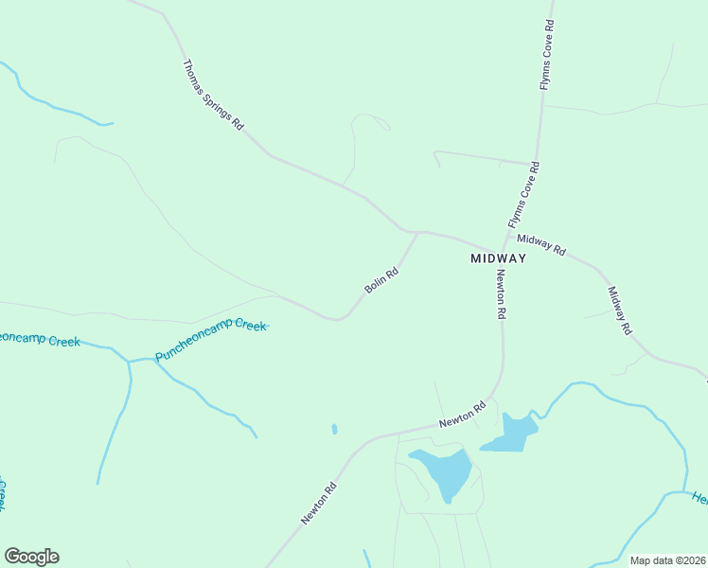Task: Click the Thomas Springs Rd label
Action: [x=213, y=97]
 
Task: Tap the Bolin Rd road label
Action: [x=381, y=281]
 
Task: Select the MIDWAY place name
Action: [x=498, y=258]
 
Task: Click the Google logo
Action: [x=31, y=557]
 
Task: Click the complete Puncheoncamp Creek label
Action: [x=211, y=339]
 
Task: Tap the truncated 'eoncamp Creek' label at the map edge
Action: [x=38, y=338]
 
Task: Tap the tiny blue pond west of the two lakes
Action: [x=334, y=429]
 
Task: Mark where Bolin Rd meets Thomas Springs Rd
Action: [x=417, y=232]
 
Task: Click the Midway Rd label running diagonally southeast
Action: [x=619, y=311]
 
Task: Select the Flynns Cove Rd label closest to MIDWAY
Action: [x=523, y=196]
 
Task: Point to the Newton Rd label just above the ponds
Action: [x=462, y=413]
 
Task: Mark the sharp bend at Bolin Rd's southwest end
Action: [x=338, y=319]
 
